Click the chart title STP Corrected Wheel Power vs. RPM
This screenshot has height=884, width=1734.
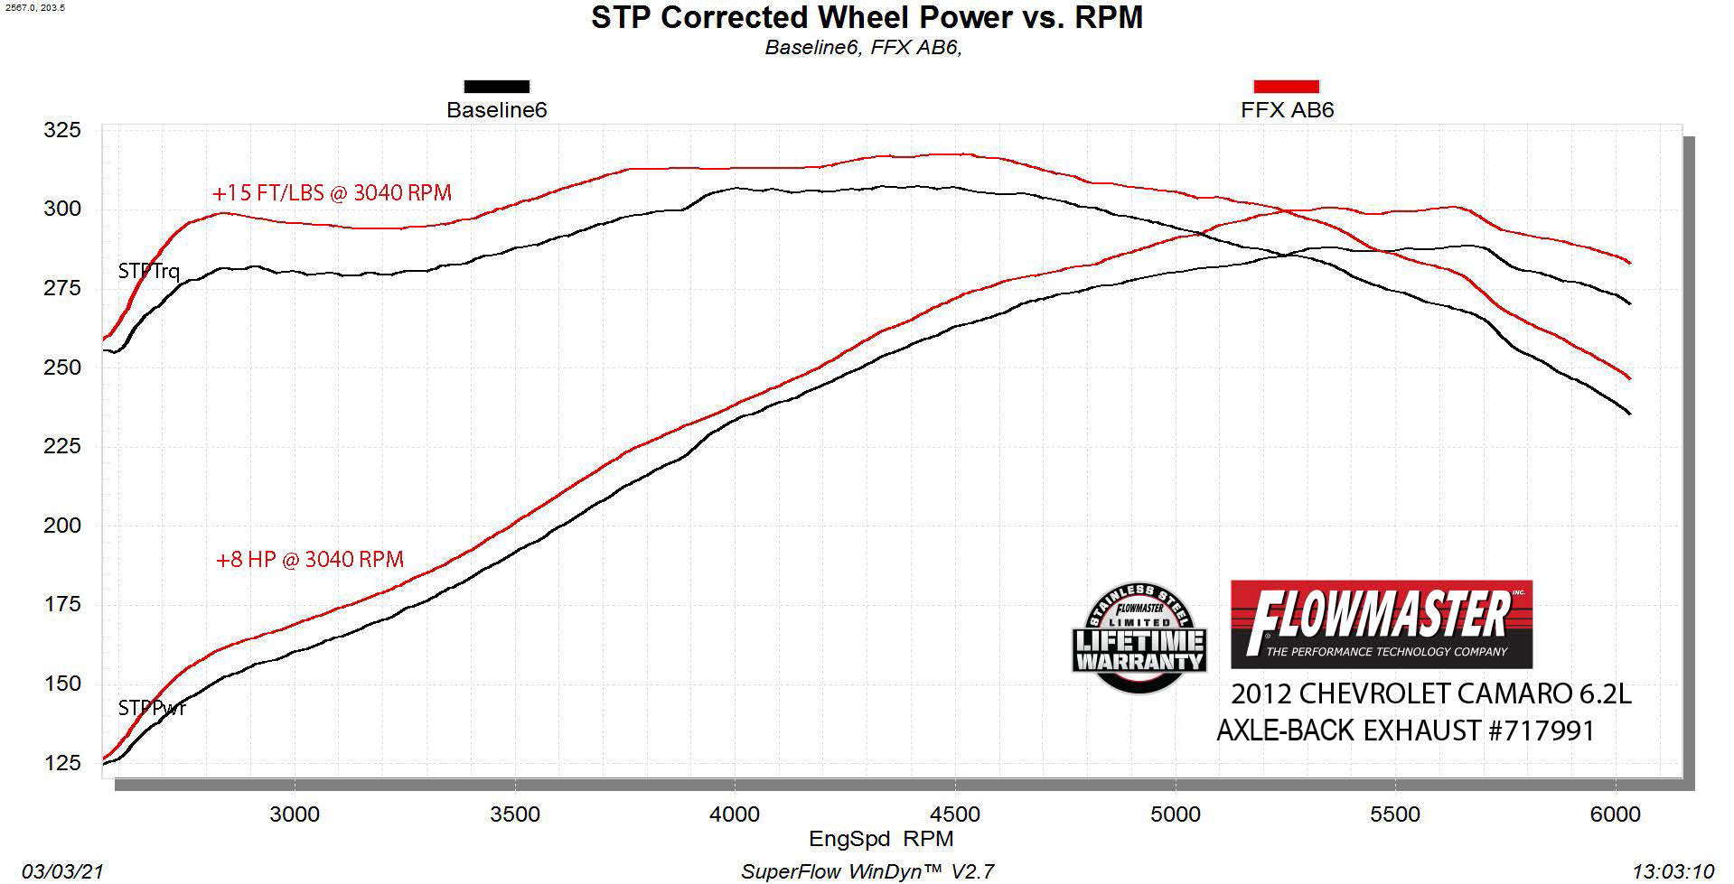[x=867, y=17]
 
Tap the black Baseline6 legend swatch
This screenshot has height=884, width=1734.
[x=496, y=87]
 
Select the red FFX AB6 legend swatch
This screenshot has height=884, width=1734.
[x=1286, y=87]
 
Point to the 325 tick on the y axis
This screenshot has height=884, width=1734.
[x=62, y=130]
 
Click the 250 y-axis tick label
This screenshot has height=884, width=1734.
[x=62, y=368]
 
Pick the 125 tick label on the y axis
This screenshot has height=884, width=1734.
[x=62, y=763]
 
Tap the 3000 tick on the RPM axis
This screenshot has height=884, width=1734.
[x=295, y=814]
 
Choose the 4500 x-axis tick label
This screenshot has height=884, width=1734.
[x=954, y=814]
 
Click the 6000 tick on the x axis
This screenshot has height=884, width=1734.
[x=1615, y=814]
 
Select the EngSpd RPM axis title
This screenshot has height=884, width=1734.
[x=881, y=839]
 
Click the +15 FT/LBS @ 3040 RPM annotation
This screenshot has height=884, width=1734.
[x=332, y=193]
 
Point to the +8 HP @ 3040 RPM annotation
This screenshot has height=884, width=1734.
[x=309, y=560]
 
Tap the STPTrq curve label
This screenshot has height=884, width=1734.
[x=149, y=271]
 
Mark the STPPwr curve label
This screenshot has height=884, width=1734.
[x=152, y=708]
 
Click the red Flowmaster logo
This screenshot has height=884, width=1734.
[x=1381, y=624]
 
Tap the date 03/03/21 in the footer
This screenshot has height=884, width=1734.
[x=62, y=871]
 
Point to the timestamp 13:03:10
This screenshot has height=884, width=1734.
[x=1673, y=871]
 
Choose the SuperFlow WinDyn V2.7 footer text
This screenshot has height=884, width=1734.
[x=867, y=871]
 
